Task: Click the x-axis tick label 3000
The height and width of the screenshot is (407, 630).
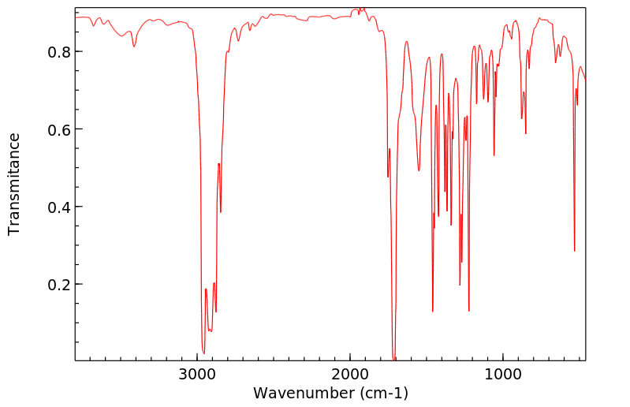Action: [x=197, y=375]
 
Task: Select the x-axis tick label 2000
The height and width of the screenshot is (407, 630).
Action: [x=350, y=375]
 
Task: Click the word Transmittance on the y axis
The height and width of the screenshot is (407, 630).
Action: [x=14, y=184]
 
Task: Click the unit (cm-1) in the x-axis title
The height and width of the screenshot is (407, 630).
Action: [x=383, y=393]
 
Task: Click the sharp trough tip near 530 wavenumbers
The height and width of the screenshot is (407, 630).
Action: [x=574, y=251]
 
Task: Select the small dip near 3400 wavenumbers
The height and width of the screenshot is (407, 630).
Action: [x=134, y=47]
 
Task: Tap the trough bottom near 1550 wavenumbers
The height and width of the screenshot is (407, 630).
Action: [x=419, y=170]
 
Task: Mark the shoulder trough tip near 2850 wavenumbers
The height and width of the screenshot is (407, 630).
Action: [x=221, y=212]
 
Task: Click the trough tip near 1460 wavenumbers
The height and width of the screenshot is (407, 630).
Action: [x=432, y=311]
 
